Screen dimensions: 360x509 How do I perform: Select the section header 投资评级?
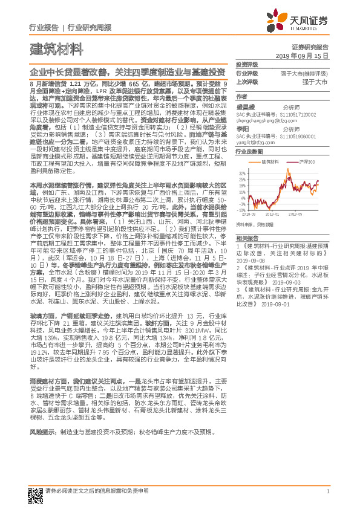[246, 63]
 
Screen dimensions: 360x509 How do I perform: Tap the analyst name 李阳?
[242, 129]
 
